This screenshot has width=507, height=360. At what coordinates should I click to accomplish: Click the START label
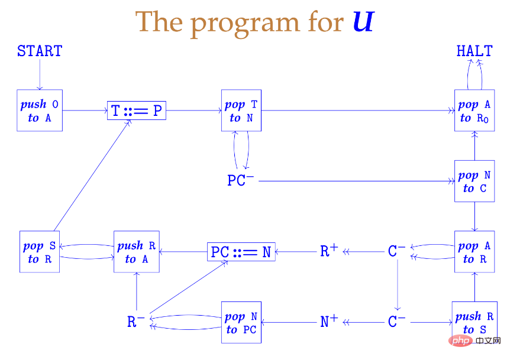(40, 51)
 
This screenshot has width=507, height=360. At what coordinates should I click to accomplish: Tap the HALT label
(474, 51)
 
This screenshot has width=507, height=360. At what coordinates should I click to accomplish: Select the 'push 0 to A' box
(40, 111)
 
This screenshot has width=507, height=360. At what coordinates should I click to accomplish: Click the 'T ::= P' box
(137, 111)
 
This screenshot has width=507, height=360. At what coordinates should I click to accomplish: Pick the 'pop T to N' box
(241, 111)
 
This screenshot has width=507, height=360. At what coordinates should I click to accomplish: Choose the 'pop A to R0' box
(474, 111)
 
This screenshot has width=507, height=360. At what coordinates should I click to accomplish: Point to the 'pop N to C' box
(474, 181)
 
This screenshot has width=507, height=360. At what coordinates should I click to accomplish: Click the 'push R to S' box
(474, 322)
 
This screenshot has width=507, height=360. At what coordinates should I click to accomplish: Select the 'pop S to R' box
(40, 252)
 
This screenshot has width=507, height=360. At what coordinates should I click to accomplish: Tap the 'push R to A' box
(137, 252)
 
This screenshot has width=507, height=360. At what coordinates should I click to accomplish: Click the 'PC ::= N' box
(241, 252)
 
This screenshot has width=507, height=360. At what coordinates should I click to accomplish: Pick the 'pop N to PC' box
(241, 322)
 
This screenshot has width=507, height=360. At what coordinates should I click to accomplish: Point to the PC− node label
(241, 180)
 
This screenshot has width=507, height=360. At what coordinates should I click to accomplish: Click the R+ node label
(329, 251)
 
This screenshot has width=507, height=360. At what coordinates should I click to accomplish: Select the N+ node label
(329, 322)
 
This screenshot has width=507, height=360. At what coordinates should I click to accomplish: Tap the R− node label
(136, 322)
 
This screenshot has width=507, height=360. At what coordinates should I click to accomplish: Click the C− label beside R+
(397, 251)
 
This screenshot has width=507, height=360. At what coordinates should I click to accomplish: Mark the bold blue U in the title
(362, 22)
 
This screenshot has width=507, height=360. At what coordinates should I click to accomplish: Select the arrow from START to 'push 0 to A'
(40, 74)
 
